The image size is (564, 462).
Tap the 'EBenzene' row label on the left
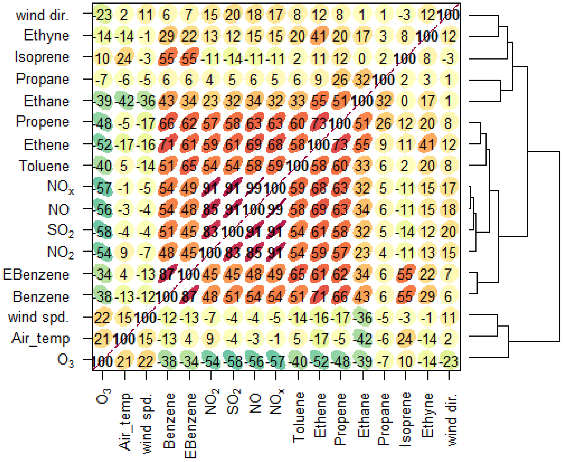pos(36,274)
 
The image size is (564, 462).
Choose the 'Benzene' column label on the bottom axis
pos(168,421)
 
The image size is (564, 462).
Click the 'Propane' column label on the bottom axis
pos(384,419)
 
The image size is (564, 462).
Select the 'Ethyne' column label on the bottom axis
pos(427,415)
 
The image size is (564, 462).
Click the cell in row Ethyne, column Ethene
pos(319,36)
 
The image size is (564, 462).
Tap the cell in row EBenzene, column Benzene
pos(167,274)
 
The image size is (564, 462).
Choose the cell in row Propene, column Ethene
pos(319,123)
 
